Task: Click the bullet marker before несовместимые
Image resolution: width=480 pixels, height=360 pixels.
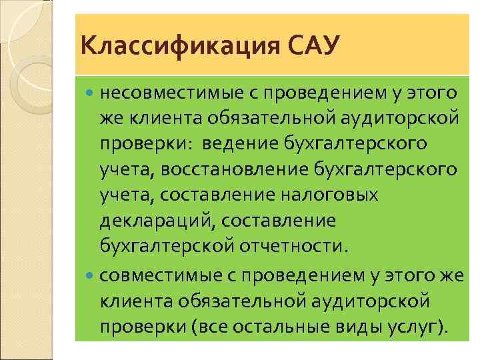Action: click(x=91, y=91)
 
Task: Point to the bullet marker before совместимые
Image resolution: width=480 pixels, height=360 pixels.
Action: click(x=91, y=276)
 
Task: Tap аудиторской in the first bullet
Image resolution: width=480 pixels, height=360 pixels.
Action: click(x=399, y=117)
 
